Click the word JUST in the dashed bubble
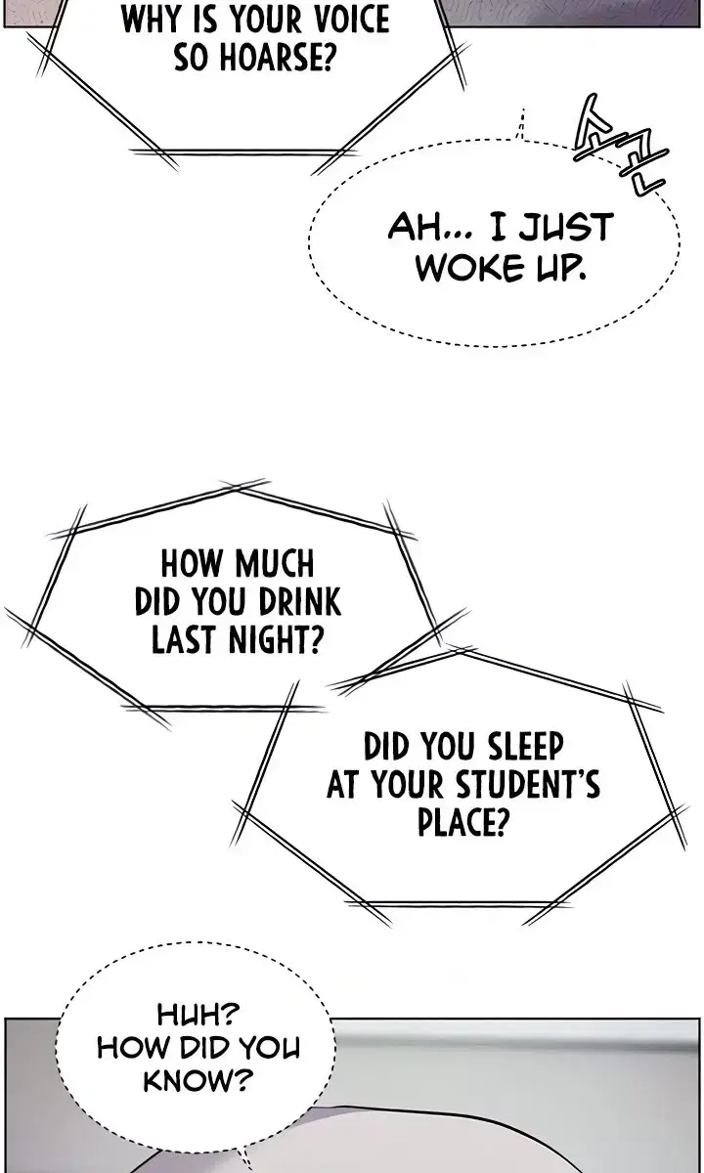pyautogui.click(x=565, y=227)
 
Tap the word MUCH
pyautogui.click(x=275, y=564)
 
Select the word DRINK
pyautogui.click(x=300, y=601)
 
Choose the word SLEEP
pyautogui.click(x=525, y=746)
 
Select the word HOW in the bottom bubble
pyautogui.click(x=135, y=1048)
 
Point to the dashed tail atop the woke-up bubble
pyautogui.click(x=520, y=125)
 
